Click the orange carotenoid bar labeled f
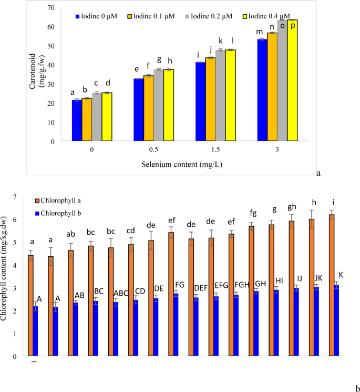tap(148, 108)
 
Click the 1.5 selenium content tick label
tap(215, 149)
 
